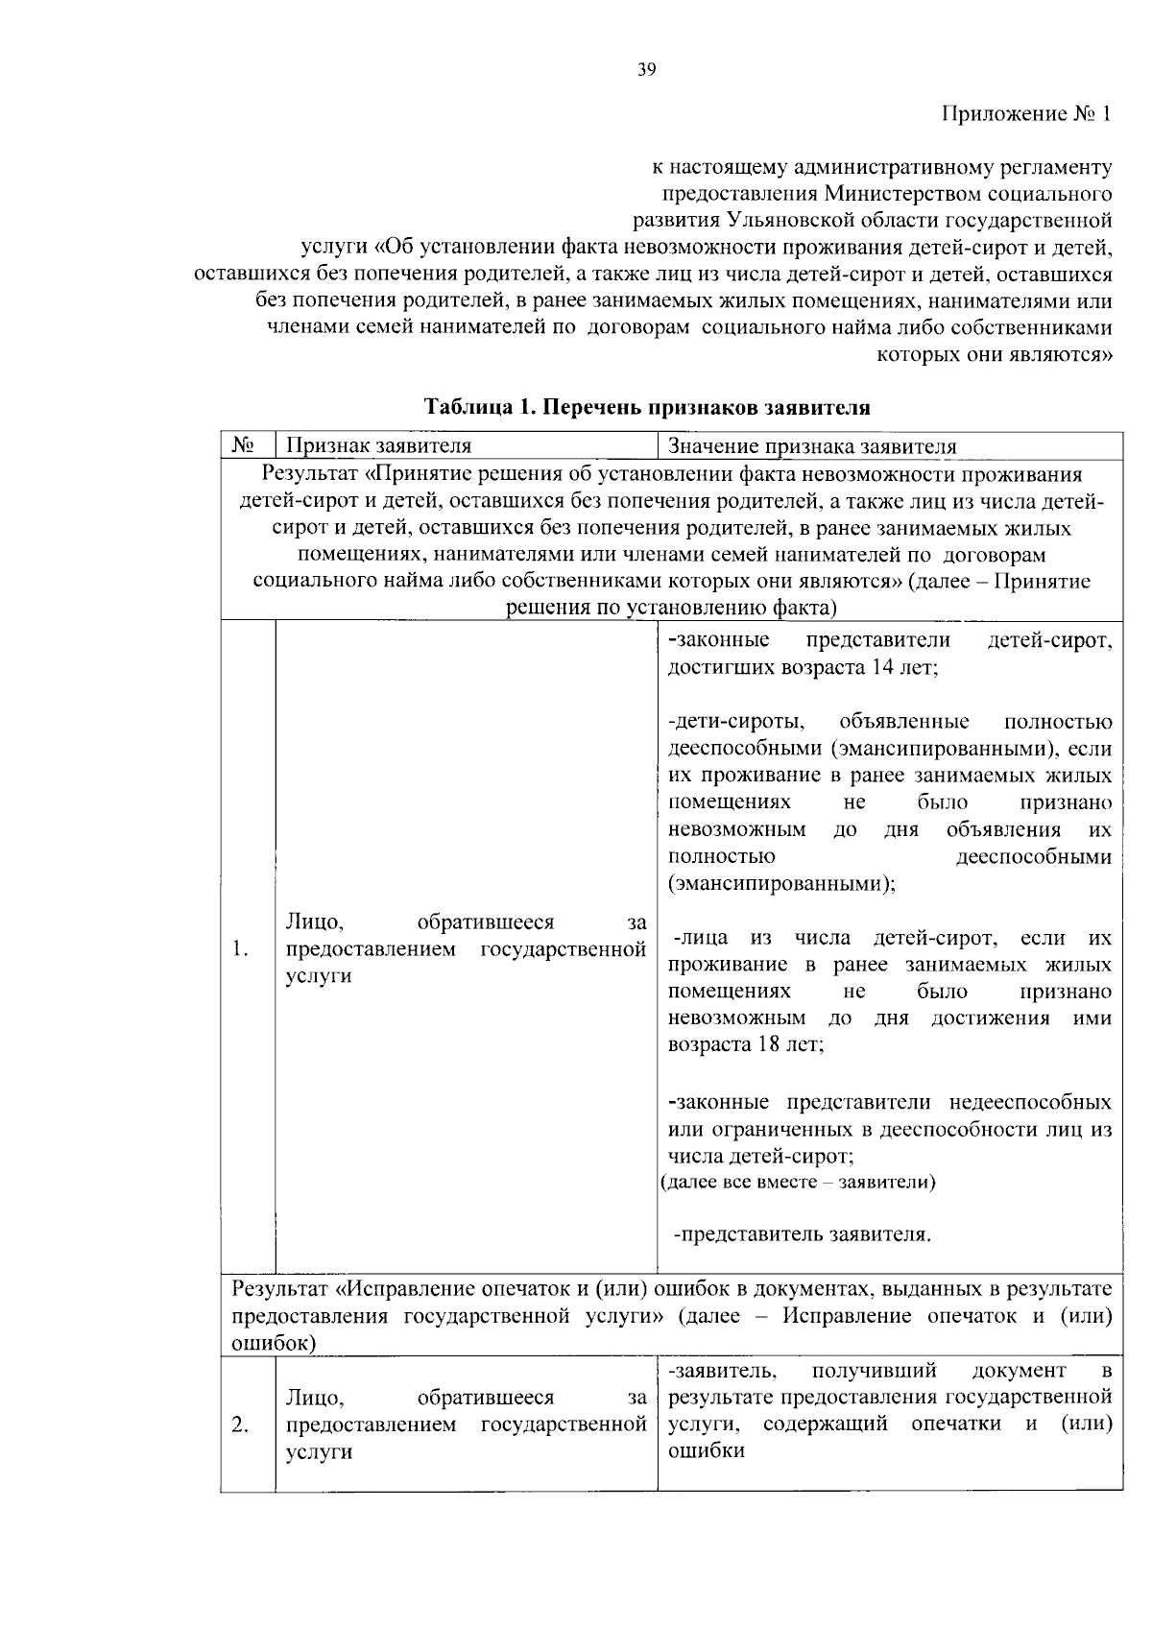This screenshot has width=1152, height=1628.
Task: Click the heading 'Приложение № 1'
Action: (1026, 114)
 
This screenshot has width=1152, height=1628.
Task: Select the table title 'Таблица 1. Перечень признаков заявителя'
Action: (647, 407)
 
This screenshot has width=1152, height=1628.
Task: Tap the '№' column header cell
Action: (247, 446)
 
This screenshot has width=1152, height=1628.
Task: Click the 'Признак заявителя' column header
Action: (380, 446)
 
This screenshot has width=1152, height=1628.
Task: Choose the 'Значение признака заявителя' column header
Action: (812, 446)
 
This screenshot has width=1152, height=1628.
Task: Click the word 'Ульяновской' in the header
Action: (828, 220)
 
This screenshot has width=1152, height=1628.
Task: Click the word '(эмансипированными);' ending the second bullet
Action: (781, 883)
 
